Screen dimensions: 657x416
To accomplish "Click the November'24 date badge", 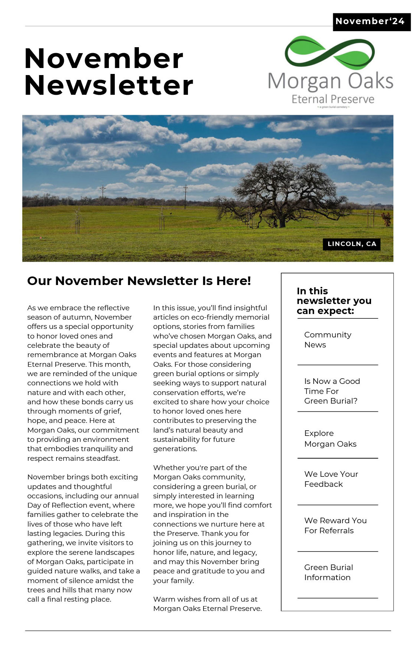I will (370, 22).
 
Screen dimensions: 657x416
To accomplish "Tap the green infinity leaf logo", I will (330, 53).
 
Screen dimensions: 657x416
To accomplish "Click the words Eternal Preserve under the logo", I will (333, 99).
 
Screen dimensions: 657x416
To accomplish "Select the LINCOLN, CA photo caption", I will (352, 244).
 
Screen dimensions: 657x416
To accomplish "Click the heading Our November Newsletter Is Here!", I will (139, 281).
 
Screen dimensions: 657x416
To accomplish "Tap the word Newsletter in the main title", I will (108, 85).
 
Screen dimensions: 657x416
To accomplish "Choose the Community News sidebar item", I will (327, 340).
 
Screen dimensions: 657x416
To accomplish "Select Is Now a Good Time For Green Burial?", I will (332, 391).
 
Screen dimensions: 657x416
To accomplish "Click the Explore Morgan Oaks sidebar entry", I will (330, 438).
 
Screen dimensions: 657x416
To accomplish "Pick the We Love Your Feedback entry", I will (331, 479).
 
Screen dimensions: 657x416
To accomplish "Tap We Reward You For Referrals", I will (335, 525).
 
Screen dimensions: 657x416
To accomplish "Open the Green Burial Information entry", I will (328, 572).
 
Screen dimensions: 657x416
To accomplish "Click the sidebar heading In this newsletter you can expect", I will (334, 301).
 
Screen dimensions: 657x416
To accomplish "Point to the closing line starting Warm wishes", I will (207, 604).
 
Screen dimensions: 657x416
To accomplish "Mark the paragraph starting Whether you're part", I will (212, 524).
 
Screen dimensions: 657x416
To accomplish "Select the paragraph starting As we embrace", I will (82, 383).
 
